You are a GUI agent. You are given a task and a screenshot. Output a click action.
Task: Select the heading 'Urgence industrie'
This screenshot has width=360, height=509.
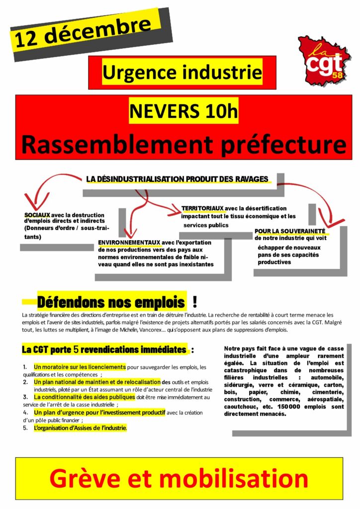(181, 73)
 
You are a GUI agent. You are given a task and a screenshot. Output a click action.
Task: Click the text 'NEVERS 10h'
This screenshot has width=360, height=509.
(183, 110)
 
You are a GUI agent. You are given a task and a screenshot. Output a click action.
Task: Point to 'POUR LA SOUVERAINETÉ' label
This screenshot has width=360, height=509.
(290, 231)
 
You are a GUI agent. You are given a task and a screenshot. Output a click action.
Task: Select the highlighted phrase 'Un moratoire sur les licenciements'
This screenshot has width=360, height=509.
(80, 367)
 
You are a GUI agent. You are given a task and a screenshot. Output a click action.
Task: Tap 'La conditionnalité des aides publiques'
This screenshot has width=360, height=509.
(85, 397)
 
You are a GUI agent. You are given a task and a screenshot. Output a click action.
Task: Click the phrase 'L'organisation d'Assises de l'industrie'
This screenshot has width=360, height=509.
(80, 427)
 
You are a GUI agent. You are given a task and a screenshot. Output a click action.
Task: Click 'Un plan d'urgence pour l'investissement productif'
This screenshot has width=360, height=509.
(99, 413)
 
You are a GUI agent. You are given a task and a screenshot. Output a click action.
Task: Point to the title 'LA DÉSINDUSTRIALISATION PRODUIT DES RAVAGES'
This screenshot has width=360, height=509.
(178, 179)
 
